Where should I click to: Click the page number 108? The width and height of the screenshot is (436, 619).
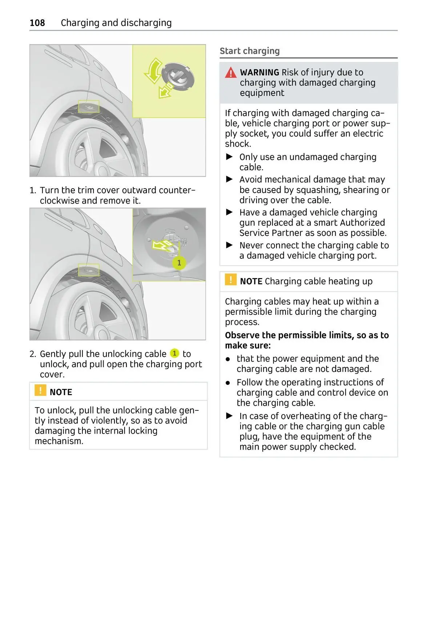(x=37, y=23)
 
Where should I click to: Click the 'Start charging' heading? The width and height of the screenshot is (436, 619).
(x=250, y=51)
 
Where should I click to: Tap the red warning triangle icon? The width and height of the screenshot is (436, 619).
(x=231, y=73)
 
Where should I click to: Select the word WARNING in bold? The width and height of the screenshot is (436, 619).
(x=259, y=72)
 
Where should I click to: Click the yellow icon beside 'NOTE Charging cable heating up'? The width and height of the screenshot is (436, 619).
(x=231, y=280)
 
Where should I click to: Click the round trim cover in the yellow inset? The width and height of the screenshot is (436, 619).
(x=178, y=76)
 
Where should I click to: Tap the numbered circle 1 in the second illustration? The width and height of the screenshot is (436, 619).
(x=179, y=262)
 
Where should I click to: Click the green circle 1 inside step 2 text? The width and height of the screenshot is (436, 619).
(x=175, y=353)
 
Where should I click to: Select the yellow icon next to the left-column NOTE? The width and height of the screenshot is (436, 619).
(x=40, y=390)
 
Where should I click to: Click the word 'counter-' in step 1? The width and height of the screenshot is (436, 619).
(x=178, y=190)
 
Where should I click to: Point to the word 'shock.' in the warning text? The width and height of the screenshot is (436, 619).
(x=238, y=144)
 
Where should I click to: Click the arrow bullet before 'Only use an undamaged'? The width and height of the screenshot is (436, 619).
(x=229, y=157)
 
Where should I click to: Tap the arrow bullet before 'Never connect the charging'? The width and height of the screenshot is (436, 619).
(x=229, y=245)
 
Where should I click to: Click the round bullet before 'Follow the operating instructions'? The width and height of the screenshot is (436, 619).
(x=228, y=383)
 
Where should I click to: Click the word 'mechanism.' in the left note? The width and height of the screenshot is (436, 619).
(x=59, y=441)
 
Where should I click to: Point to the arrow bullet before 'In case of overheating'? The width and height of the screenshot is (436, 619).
(x=229, y=415)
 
